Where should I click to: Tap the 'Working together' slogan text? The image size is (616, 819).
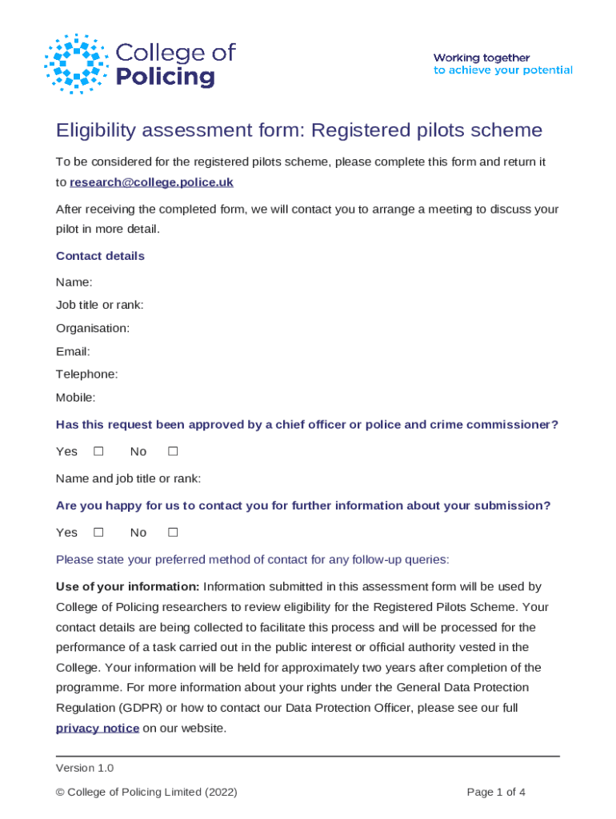point(482,58)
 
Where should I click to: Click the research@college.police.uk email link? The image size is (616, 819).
point(151,182)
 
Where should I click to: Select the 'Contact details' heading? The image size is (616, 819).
point(100,256)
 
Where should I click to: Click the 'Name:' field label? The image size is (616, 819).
point(74,282)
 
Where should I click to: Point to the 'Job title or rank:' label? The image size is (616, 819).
point(99,305)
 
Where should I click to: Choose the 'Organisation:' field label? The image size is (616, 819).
point(93,328)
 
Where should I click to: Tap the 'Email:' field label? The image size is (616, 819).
point(73,351)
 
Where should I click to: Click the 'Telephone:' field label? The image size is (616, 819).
point(86,374)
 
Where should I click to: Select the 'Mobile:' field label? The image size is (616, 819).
point(75,397)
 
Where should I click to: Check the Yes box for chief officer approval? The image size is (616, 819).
point(98,451)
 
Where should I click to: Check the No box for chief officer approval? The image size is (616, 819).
point(172,451)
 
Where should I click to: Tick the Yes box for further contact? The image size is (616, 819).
point(98,532)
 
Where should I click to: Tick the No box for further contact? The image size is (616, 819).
point(172,532)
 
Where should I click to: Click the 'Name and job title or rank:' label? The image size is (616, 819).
point(128,478)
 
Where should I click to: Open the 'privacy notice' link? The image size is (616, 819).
point(98,728)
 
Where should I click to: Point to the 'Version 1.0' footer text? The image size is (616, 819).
point(85,768)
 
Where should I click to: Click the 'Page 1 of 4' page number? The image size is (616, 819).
point(496,793)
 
